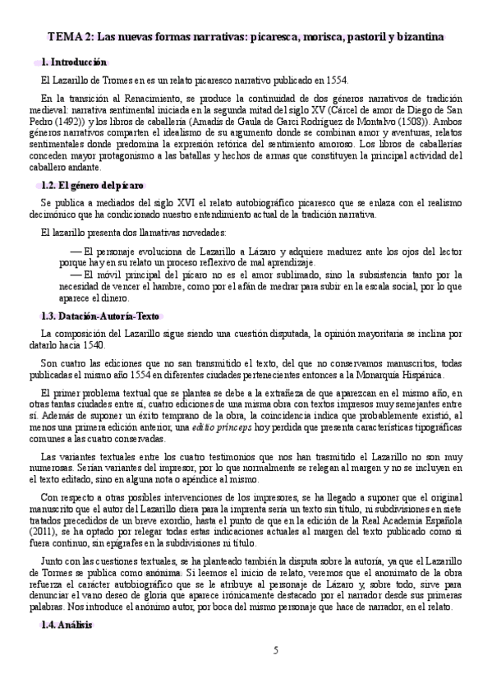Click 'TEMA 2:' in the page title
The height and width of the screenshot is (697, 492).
[x=69, y=37]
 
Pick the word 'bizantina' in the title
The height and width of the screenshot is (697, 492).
[x=421, y=37]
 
